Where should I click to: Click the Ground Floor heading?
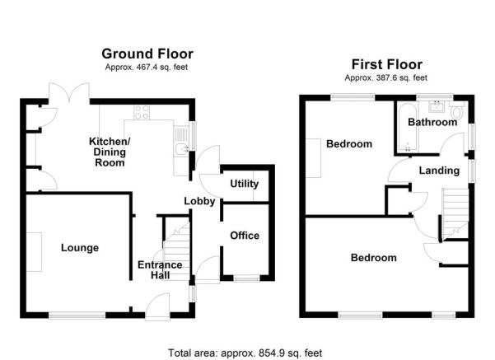[x=147, y=54]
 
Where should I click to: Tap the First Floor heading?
[x=387, y=64]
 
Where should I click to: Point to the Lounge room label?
[x=80, y=248]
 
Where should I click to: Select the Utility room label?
[x=245, y=184]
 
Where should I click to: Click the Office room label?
[x=245, y=236]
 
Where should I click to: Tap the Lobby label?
[x=199, y=201]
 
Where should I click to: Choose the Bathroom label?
[x=432, y=122]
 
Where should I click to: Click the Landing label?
[x=439, y=171]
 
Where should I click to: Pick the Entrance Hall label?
[x=160, y=269]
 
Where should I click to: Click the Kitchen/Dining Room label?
[x=110, y=152]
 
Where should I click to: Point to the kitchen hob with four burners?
[x=142, y=112]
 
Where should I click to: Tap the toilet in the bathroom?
[x=457, y=110]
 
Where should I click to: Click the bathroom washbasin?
[x=437, y=106]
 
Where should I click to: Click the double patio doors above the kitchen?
[x=69, y=92]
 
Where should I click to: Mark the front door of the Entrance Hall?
[x=157, y=306]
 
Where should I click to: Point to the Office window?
[x=246, y=278]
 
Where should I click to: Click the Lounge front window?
[x=77, y=316]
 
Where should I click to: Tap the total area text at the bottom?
[x=245, y=353]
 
